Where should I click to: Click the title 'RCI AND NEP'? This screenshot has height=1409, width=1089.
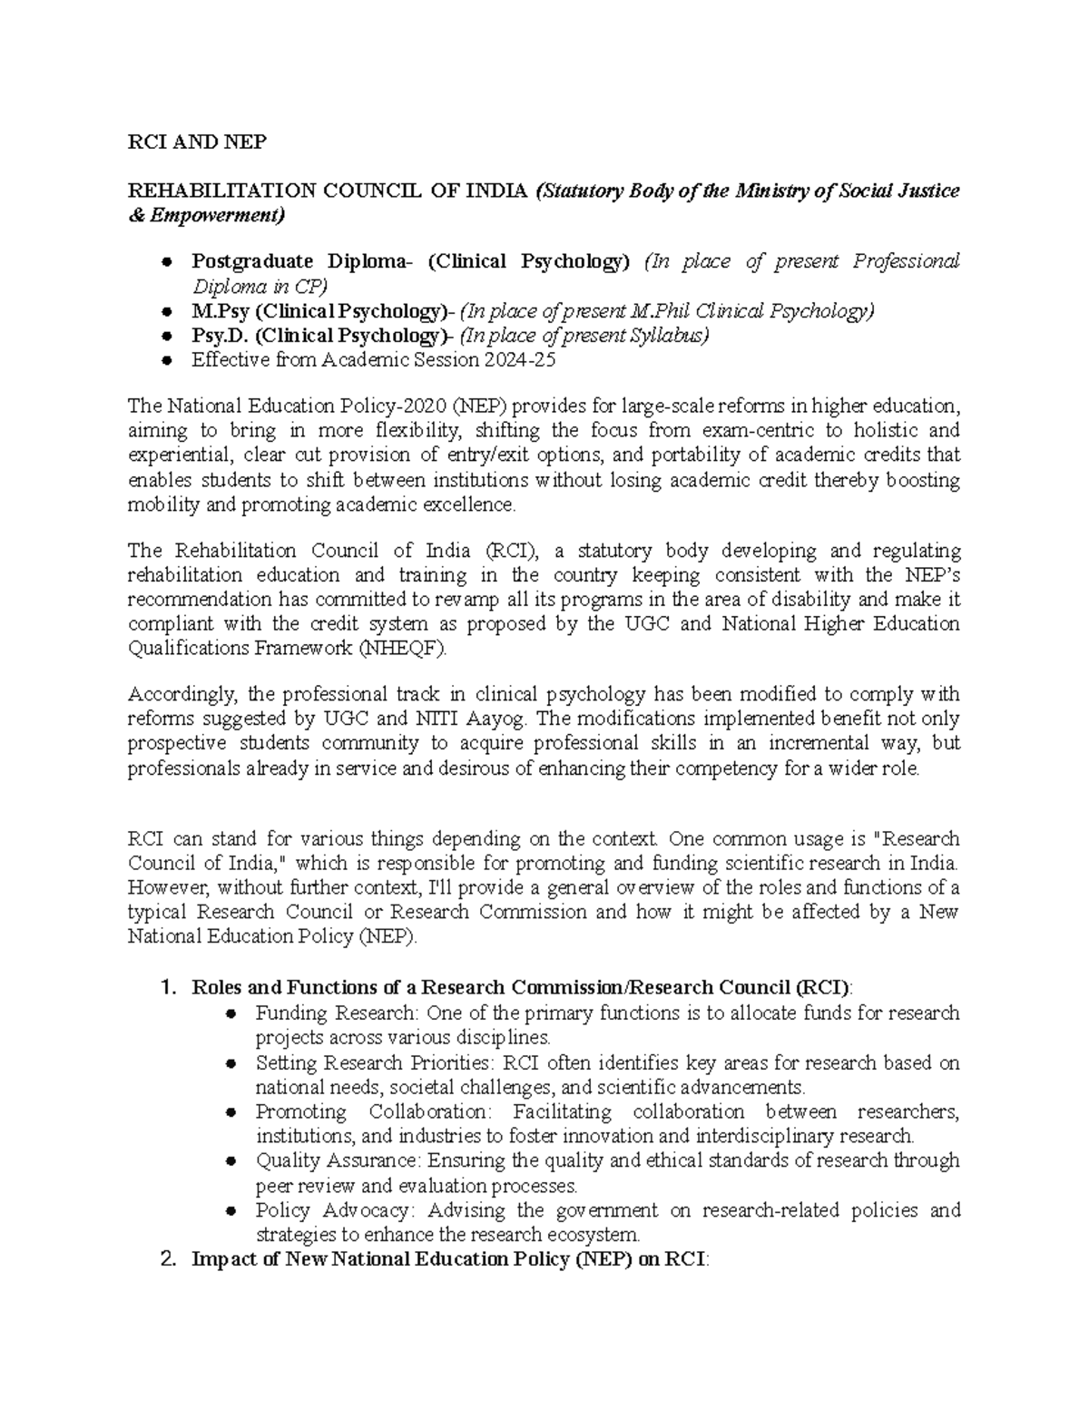(x=197, y=142)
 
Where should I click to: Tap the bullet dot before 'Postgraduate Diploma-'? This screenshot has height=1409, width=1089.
(x=166, y=262)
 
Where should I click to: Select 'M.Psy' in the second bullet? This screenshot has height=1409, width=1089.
(x=221, y=311)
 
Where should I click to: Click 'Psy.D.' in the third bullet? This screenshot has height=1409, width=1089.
(x=220, y=336)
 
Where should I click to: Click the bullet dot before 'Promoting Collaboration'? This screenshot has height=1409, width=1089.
(x=231, y=1112)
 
